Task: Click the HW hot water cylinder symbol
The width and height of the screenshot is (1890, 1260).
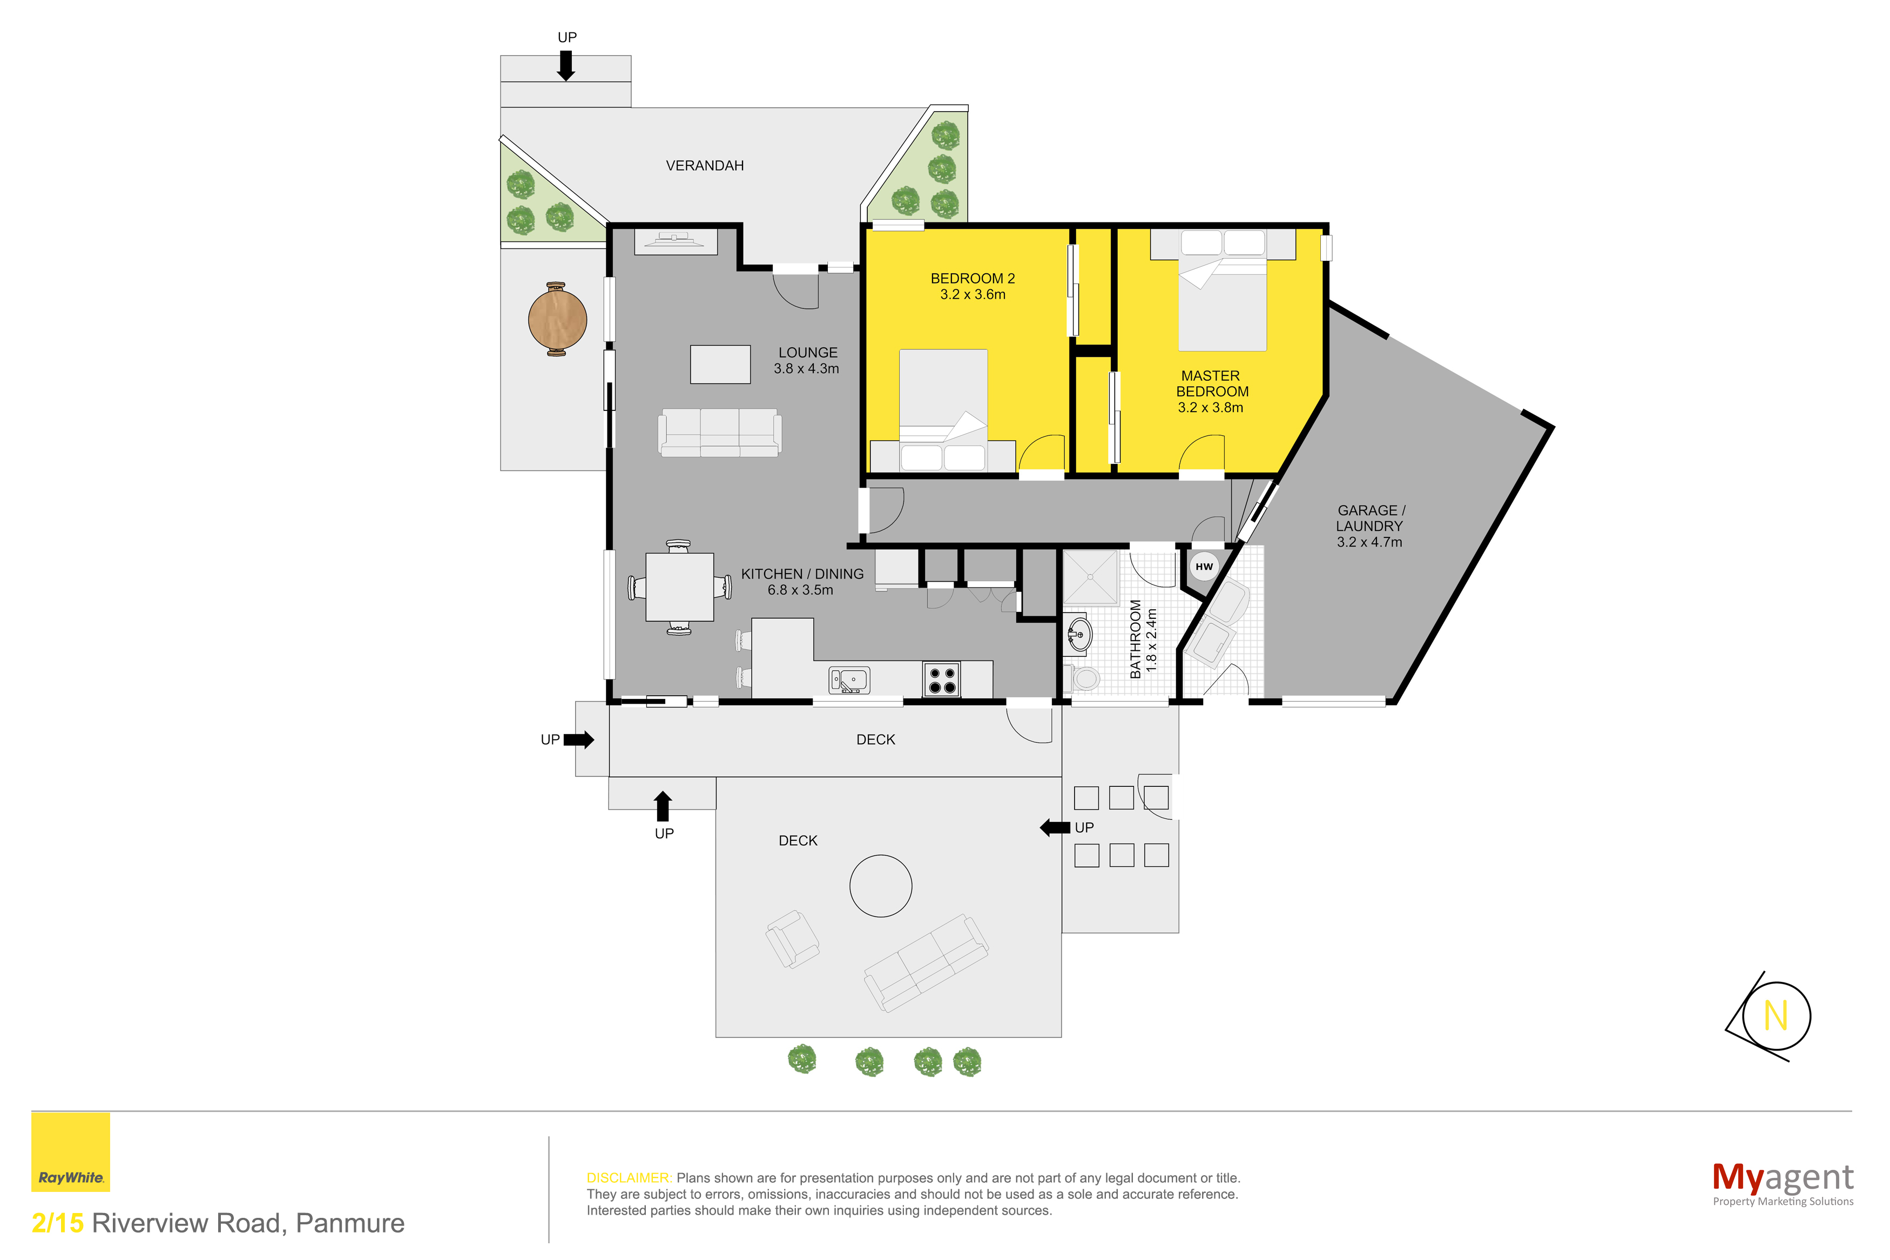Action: tap(1203, 567)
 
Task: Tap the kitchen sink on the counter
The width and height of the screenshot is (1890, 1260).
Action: tap(849, 680)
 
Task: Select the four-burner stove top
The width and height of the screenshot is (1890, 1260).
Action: tap(941, 679)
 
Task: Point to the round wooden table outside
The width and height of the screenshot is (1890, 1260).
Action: tap(557, 319)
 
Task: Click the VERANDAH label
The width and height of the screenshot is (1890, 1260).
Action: tap(705, 166)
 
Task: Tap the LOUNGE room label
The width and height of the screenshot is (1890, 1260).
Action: tap(807, 353)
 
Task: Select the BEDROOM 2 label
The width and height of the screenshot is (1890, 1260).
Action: tap(972, 279)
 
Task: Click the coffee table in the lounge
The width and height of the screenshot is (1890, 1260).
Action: tap(720, 364)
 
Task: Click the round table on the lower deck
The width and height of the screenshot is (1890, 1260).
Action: tap(880, 886)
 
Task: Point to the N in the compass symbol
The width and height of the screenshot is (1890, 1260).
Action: tap(1775, 1016)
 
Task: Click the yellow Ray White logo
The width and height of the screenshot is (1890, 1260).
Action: tap(71, 1151)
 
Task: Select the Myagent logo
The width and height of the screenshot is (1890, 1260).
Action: tap(1783, 1184)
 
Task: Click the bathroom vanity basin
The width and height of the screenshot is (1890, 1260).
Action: tap(1079, 635)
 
